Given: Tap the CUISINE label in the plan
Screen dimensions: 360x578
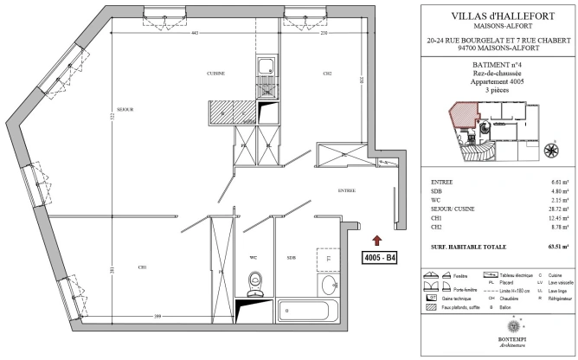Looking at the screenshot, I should [x=215, y=74].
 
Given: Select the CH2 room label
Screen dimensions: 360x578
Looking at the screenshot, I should [x=327, y=74].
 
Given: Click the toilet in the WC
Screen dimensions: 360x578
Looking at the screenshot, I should [x=254, y=281].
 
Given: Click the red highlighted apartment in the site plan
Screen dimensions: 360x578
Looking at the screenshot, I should [x=461, y=112].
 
